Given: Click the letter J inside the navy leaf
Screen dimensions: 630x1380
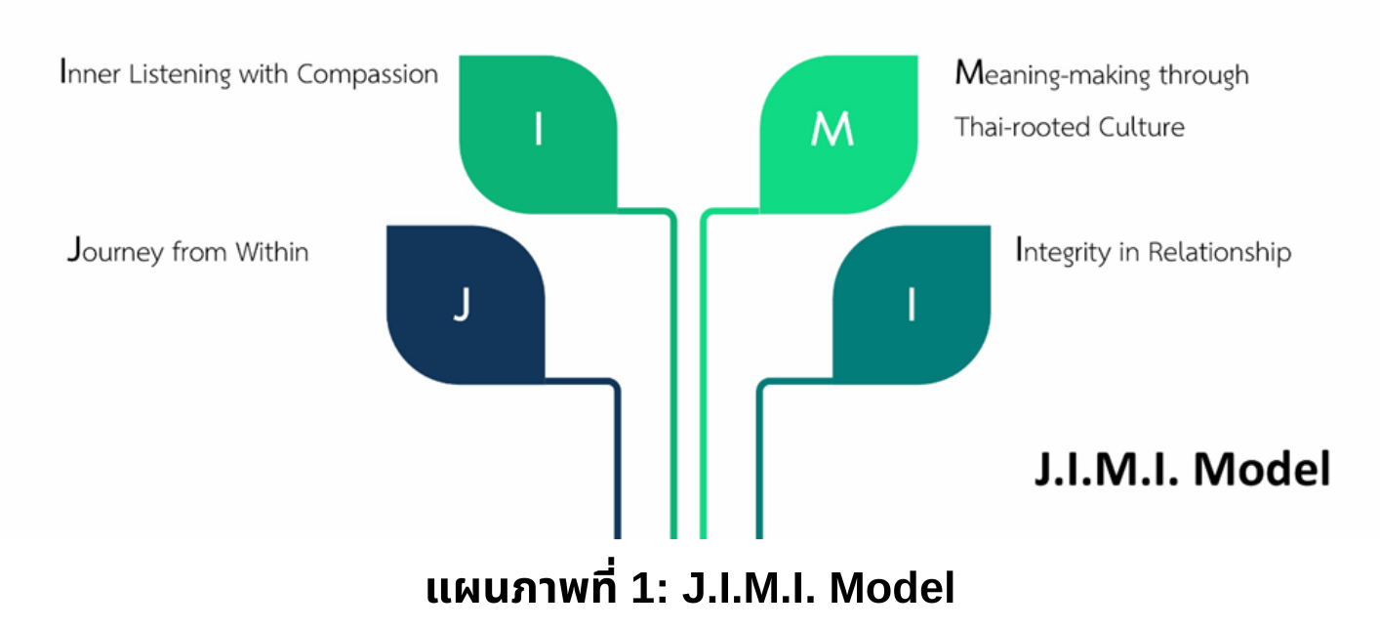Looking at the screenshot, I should [463, 306].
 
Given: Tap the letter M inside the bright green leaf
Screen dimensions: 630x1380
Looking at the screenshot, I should [832, 130].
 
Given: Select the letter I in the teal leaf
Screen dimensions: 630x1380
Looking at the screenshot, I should [912, 306].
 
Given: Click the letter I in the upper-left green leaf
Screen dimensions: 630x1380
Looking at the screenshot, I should [538, 130].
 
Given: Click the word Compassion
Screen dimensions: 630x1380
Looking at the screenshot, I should [367, 75].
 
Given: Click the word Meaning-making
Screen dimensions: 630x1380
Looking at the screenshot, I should [1053, 75].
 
